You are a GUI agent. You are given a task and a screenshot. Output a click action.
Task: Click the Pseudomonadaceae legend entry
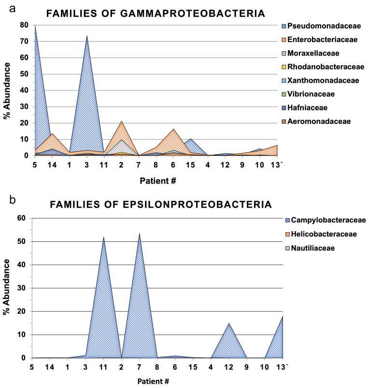click(x=324, y=26)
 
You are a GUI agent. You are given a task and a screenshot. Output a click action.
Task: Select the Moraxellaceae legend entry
click(x=318, y=53)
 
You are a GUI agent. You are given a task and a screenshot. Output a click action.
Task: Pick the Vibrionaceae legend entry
click(x=316, y=93)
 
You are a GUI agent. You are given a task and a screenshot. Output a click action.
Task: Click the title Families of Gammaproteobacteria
click(x=156, y=14)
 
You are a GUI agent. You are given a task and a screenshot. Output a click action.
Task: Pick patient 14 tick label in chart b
click(x=50, y=367)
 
